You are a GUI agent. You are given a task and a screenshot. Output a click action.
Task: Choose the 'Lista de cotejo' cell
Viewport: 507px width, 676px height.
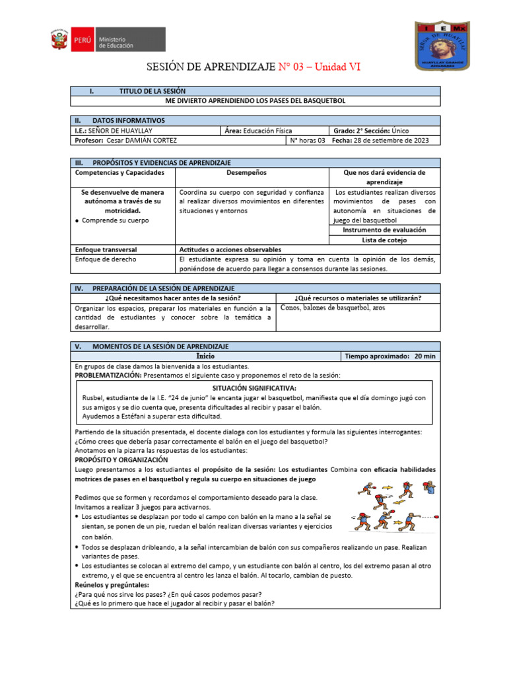click(x=384, y=240)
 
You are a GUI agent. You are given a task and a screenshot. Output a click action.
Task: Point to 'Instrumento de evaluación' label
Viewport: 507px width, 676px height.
click(x=384, y=230)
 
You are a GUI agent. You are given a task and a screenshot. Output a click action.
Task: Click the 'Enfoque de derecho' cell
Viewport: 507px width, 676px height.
click(x=106, y=259)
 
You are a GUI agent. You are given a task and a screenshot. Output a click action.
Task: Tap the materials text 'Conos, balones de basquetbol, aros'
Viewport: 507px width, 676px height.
click(x=333, y=308)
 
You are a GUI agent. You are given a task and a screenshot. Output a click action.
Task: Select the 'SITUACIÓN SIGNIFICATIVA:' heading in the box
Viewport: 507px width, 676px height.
click(x=254, y=388)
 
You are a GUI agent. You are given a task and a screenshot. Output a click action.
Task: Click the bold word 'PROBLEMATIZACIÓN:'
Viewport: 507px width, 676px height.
click(x=108, y=375)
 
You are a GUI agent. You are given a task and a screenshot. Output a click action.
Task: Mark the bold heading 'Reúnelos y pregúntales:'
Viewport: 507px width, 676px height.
click(x=112, y=585)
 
